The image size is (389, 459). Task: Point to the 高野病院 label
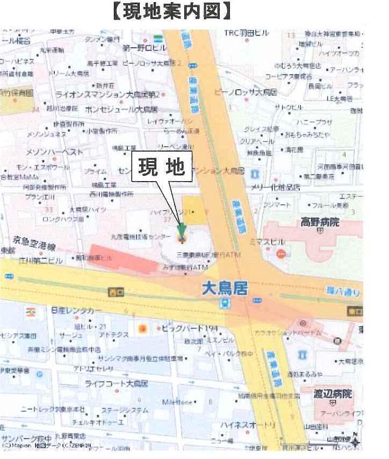[x=319, y=221]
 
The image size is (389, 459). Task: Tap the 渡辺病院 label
[x=334, y=394]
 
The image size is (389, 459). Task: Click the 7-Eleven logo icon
[x=30, y=311]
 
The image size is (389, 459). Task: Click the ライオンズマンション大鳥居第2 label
[x=107, y=95]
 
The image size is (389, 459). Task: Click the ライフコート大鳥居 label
[x=116, y=384]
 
